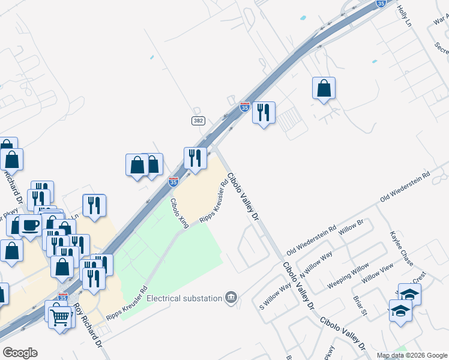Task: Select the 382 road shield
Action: tap(199, 121)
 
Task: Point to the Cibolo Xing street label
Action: tap(179, 213)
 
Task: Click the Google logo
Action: tap(20, 353)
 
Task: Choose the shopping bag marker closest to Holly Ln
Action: tap(324, 88)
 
